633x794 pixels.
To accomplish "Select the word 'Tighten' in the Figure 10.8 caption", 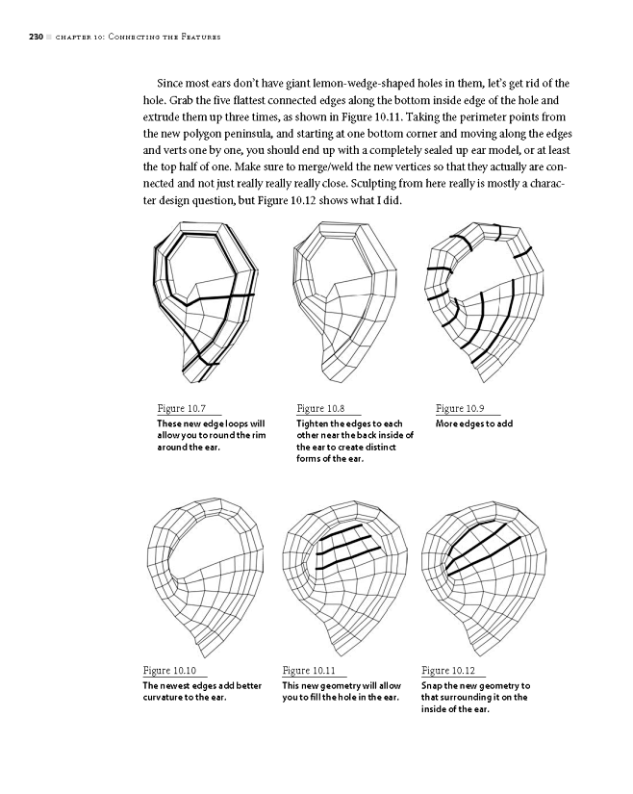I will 314,424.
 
